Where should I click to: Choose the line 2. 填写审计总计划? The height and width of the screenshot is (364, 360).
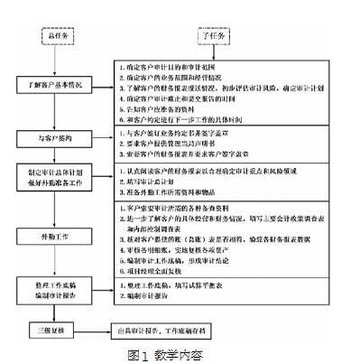point(158,182)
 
